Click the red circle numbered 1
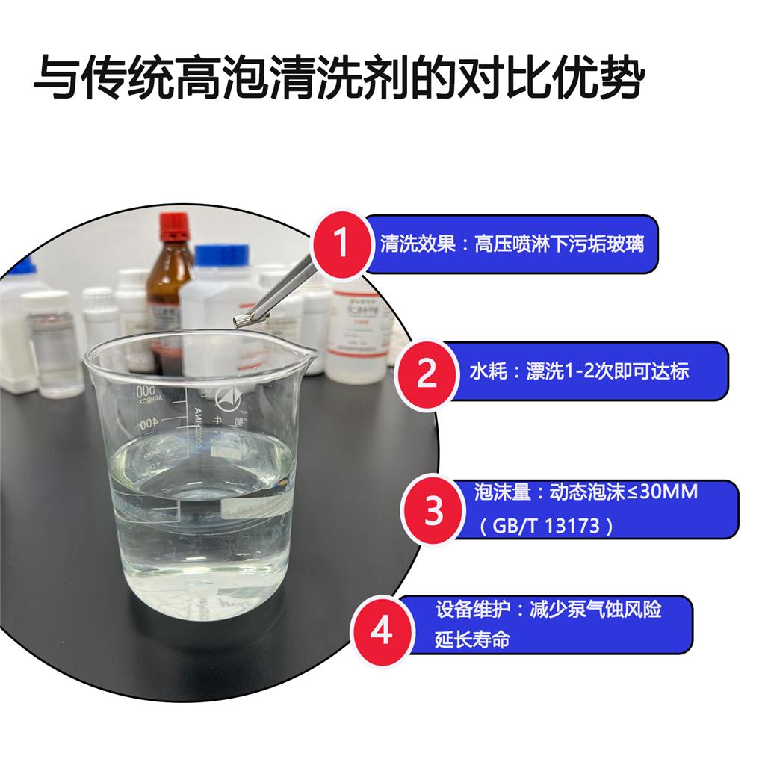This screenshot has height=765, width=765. (341, 244)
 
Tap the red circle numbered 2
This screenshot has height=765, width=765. (426, 373)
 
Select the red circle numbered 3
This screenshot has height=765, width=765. (435, 511)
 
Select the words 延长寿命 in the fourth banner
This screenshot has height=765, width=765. (473, 640)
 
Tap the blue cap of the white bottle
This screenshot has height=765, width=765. (222, 255)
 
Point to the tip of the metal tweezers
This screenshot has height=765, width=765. (243, 321)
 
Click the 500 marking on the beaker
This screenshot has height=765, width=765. (146, 392)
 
